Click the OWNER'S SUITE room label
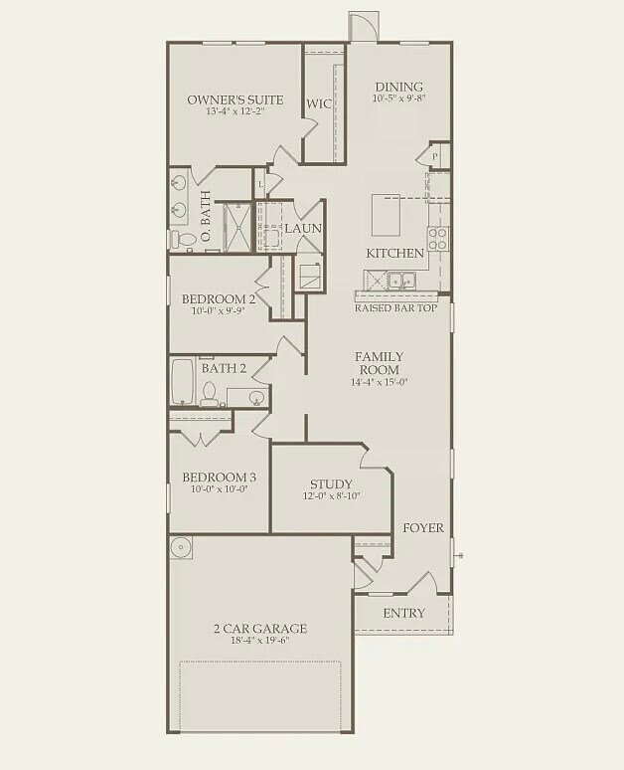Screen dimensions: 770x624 click(235, 99)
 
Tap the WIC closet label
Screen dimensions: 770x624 click(318, 103)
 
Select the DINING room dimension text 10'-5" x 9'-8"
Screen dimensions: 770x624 click(398, 99)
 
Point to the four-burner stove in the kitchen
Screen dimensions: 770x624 click(437, 238)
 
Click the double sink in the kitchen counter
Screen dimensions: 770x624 click(402, 280)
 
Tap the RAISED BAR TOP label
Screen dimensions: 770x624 click(395, 308)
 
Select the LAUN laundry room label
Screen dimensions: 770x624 click(303, 229)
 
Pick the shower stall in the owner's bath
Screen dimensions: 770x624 click(235, 226)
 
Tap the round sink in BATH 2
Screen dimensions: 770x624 click(256, 398)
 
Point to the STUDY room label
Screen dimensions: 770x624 click(331, 482)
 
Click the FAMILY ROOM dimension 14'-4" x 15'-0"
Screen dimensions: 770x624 click(379, 382)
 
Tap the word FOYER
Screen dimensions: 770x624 click(422, 528)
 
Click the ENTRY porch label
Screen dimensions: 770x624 click(403, 613)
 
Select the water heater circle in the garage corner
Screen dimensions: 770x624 click(180, 548)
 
